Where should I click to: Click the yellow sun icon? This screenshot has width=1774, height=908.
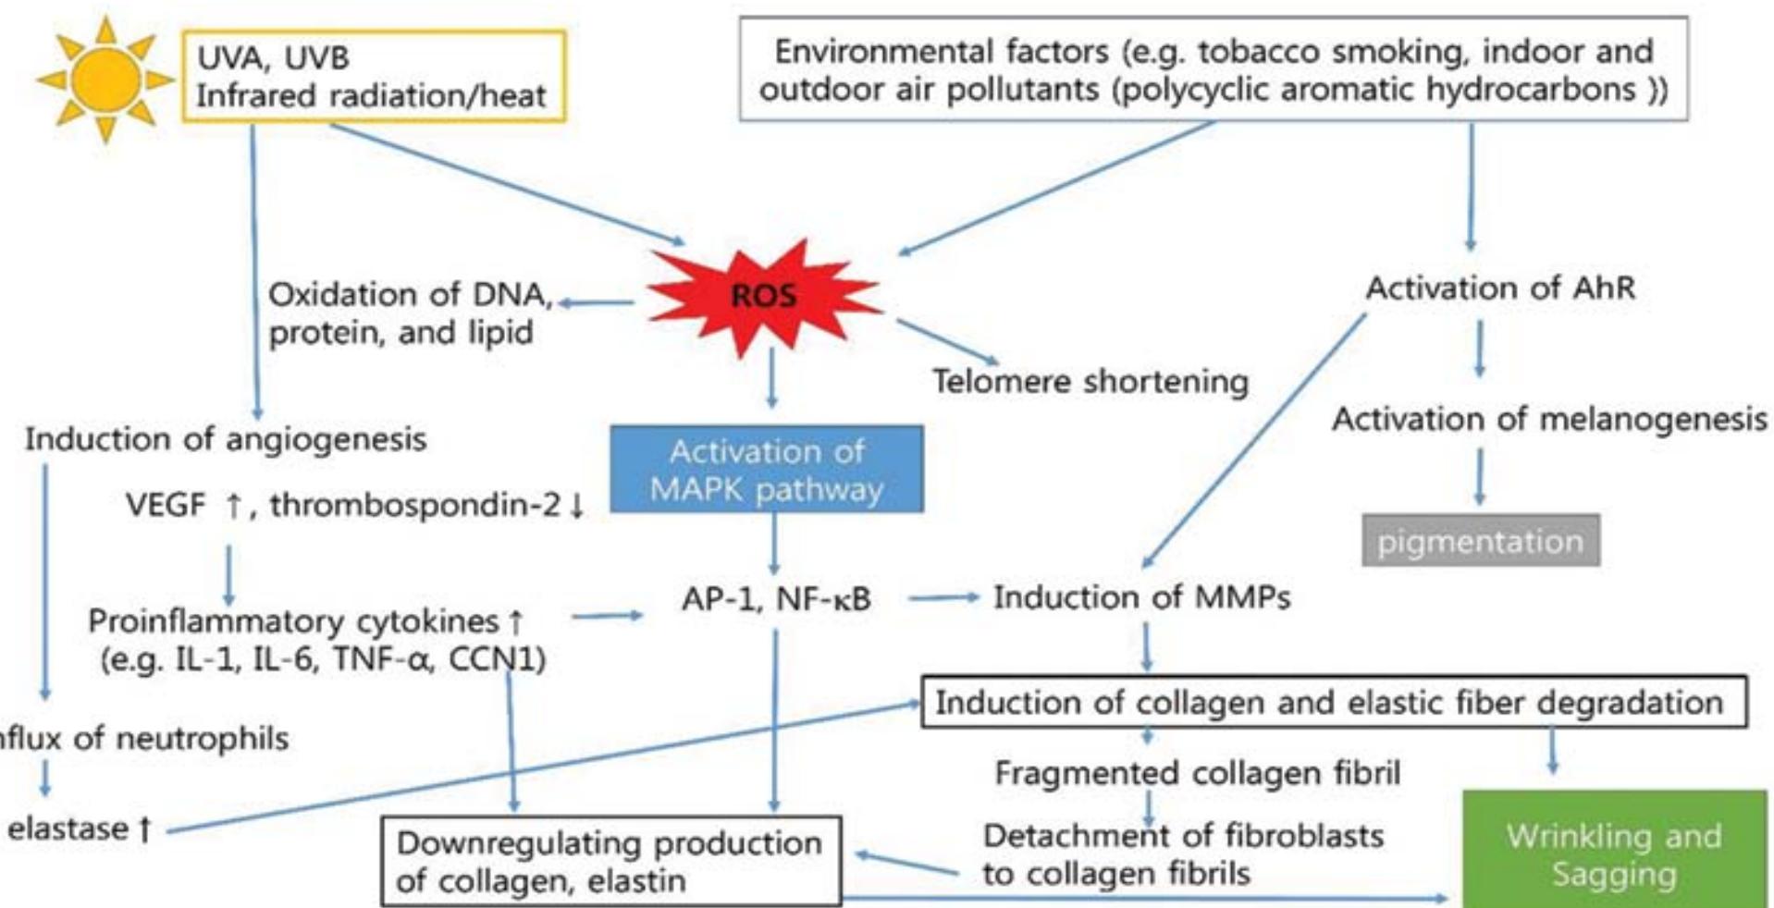tap(105, 80)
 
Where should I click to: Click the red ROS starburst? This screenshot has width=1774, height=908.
tap(764, 296)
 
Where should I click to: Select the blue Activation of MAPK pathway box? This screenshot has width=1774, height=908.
tap(766, 469)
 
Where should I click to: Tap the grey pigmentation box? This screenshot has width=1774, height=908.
tap(1480, 541)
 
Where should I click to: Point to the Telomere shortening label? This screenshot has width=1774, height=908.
tap(1090, 381)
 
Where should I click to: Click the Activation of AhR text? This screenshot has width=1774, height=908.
tap(1500, 288)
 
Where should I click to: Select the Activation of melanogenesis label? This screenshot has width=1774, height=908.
tap(1548, 419)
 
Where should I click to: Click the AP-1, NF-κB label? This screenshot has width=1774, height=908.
tap(776, 599)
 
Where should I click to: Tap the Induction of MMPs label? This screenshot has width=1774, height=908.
tap(1141, 597)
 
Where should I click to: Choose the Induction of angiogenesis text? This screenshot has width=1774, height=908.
tap(226, 438)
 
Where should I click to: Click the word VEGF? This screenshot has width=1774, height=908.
tap(166, 505)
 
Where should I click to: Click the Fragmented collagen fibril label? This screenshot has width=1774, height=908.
tap(1197, 772)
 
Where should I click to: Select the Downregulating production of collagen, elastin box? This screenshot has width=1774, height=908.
tap(610, 860)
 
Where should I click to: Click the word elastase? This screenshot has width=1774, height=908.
tap(68, 828)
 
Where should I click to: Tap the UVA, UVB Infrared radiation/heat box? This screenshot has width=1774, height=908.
tap(373, 76)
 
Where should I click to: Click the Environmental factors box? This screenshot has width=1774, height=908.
tap(1213, 69)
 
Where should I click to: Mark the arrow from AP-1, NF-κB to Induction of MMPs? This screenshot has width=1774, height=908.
tap(942, 598)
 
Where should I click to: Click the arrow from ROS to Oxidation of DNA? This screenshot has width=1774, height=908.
tap(597, 302)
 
